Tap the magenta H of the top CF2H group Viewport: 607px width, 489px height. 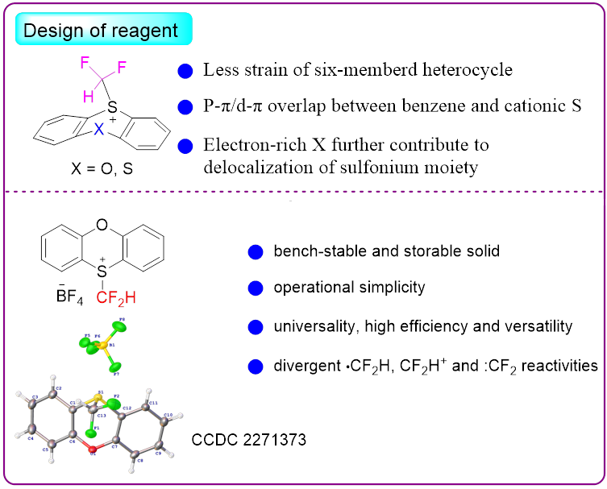point(88,96)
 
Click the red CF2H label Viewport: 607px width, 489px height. point(116,298)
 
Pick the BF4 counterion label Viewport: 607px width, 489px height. point(59,297)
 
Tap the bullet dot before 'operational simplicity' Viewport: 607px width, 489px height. point(256,288)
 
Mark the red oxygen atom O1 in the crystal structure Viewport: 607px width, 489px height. point(93,448)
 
